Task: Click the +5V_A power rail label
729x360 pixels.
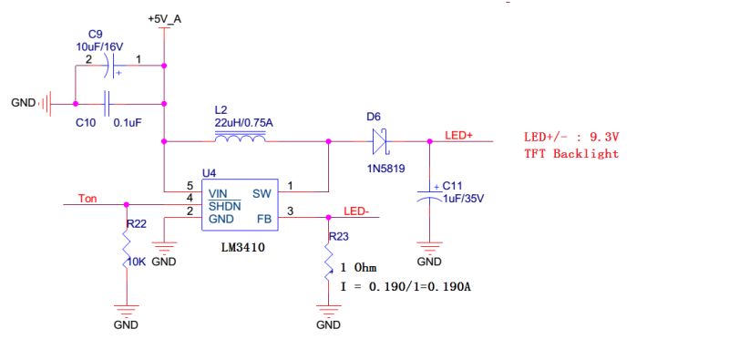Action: point(164,18)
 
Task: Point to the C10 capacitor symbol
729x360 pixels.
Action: point(108,102)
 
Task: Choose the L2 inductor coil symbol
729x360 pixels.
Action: point(240,139)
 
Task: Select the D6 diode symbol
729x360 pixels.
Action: point(380,141)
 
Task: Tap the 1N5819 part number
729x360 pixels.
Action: point(381,169)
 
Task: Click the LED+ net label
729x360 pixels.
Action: point(458,135)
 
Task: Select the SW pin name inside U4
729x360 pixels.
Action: point(262,192)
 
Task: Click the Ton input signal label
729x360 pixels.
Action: point(87,198)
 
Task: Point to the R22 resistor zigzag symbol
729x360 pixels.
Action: point(126,248)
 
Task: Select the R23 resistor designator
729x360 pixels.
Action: point(339,235)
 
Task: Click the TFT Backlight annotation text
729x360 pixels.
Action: point(570,153)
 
